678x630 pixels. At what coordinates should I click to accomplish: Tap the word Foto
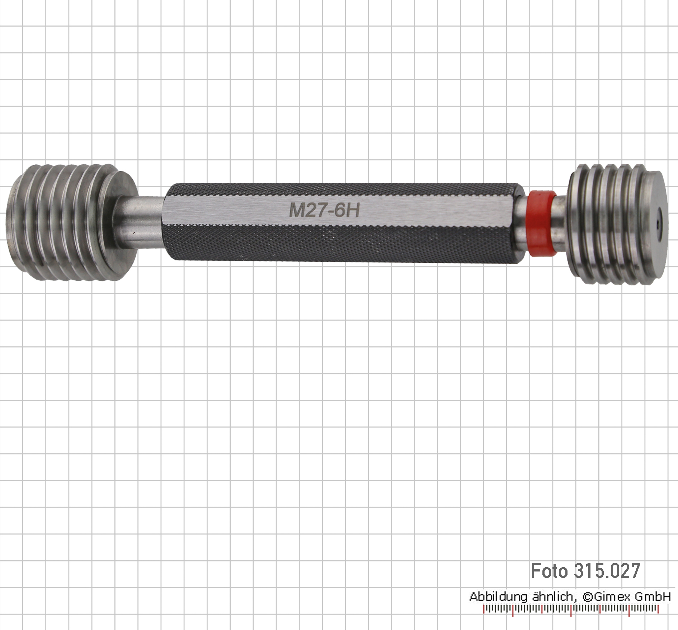click(x=549, y=571)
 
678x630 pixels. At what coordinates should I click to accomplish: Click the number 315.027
click(x=607, y=571)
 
